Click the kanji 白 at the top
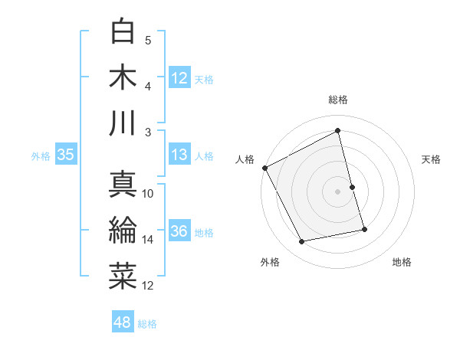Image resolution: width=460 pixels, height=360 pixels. (x=123, y=31)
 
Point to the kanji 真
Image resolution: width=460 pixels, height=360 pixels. (x=123, y=184)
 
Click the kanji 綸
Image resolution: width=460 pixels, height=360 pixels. (x=123, y=230)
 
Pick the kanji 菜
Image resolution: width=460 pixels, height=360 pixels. (x=123, y=276)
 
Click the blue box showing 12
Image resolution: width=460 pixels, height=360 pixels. (x=179, y=77)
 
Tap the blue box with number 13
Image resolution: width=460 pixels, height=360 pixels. (x=179, y=155)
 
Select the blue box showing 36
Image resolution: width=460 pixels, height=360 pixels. (x=179, y=232)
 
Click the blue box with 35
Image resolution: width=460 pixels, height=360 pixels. (x=65, y=155)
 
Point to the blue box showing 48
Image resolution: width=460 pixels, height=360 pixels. (x=122, y=322)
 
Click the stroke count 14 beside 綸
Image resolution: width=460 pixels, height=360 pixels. (x=148, y=240)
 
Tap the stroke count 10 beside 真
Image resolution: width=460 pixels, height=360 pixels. (x=148, y=194)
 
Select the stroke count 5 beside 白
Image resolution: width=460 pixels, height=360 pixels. (x=148, y=41)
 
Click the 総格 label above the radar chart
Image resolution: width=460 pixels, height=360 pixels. (x=338, y=100)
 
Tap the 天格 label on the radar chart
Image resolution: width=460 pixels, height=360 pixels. (x=432, y=159)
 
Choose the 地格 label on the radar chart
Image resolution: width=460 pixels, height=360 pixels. (x=402, y=262)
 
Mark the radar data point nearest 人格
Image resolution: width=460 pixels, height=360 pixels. (x=264, y=168)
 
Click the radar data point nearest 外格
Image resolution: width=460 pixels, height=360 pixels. (x=302, y=242)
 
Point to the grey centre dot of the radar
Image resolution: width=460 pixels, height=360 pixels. (x=338, y=191)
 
